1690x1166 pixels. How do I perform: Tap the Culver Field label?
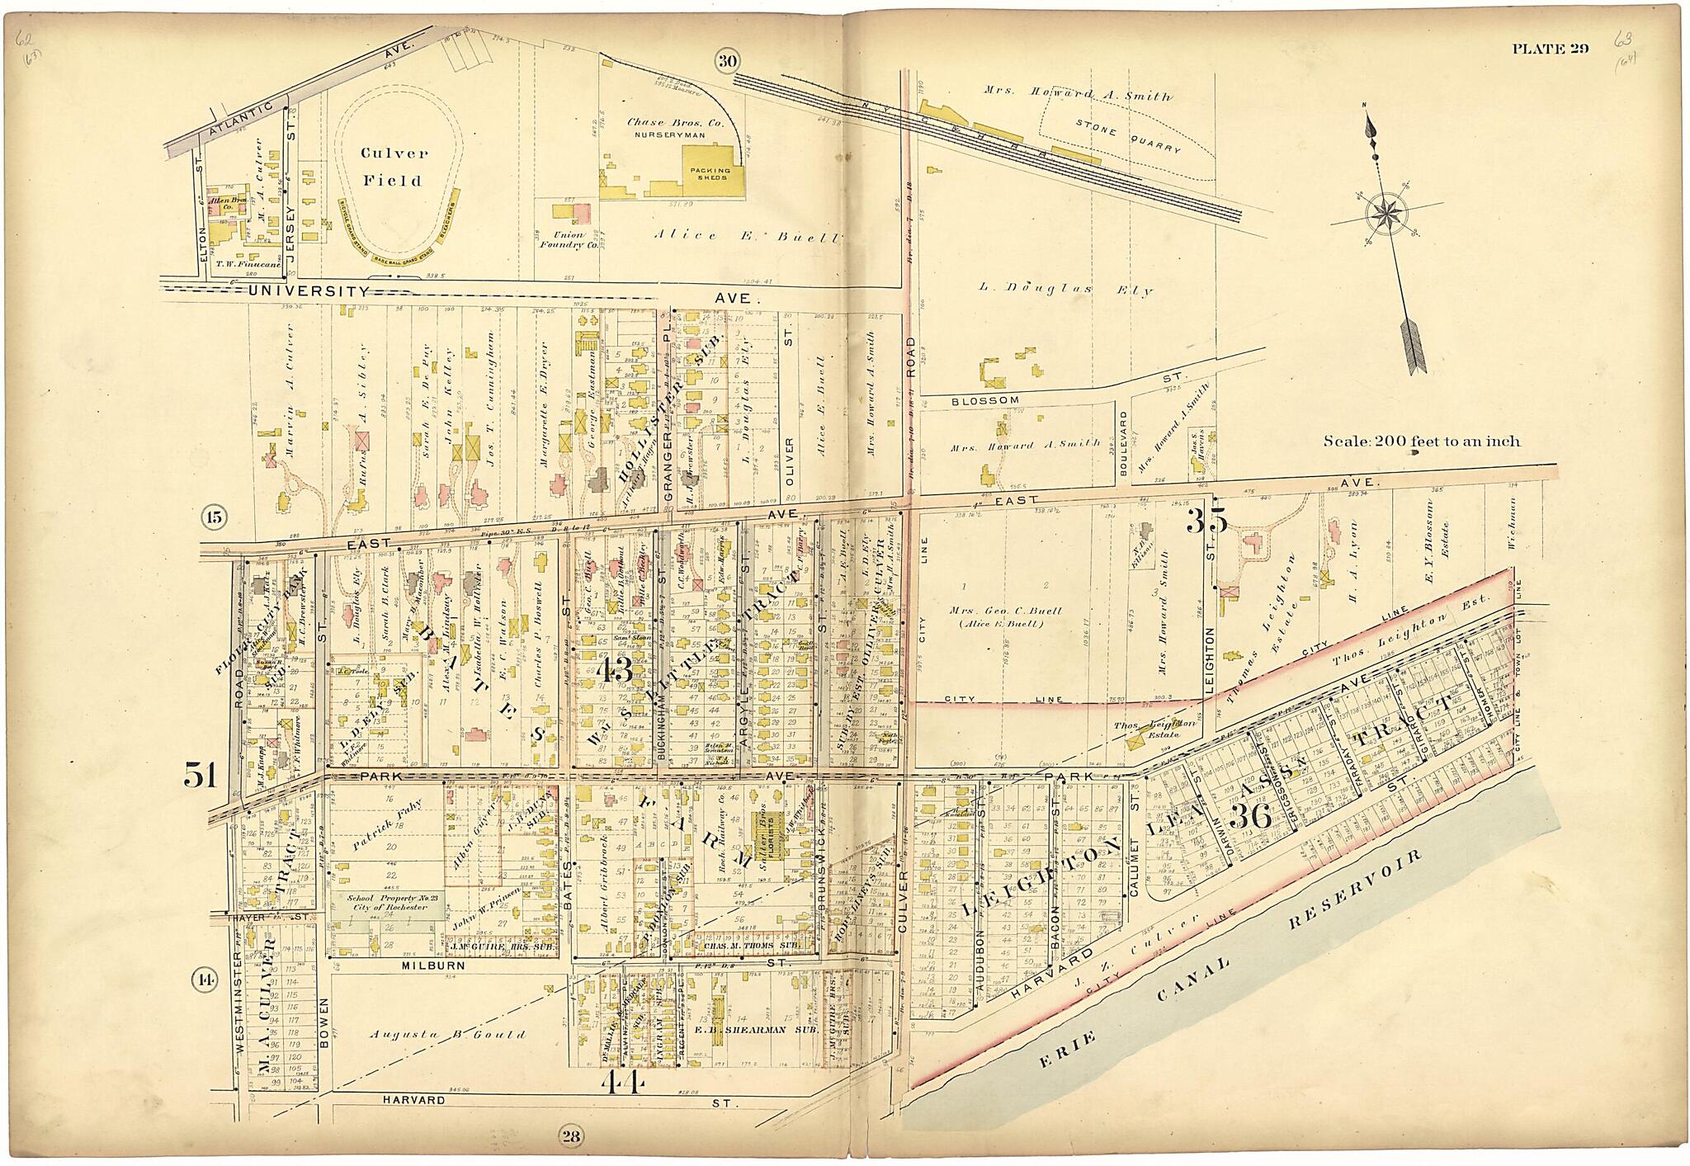[393, 167]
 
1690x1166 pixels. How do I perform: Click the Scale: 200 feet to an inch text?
[1421, 441]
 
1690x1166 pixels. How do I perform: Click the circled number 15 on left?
[214, 518]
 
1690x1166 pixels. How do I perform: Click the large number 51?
[199, 775]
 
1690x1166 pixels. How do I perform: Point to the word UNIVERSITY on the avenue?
[307, 291]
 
